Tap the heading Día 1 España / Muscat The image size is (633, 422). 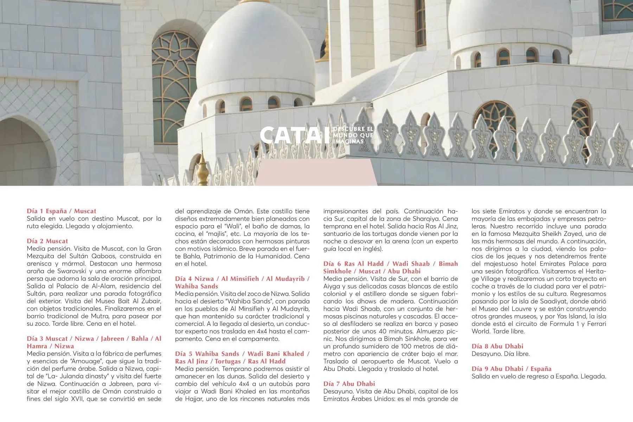pos(62,211)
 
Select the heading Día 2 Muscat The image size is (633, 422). pos(47,241)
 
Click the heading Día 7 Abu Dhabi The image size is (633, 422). pos(349,384)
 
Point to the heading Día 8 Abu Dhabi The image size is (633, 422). pos(497,346)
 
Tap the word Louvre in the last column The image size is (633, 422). pos(518,309)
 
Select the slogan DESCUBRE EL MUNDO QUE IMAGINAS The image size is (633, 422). pos(353,135)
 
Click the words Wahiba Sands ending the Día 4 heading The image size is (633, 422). pos(197,286)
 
